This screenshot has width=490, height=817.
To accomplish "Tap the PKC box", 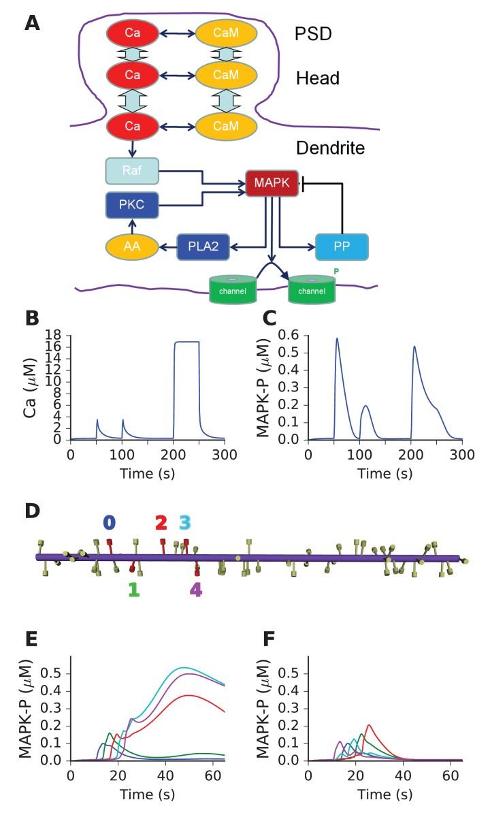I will tap(132, 204).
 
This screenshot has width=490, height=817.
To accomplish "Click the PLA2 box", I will tap(203, 246).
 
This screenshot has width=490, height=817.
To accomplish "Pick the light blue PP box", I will tap(342, 246).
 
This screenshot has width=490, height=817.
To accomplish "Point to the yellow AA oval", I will tap(132, 246).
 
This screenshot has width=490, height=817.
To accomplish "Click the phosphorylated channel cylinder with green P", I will tap(312, 289).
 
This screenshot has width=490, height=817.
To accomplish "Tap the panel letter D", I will tap(32, 511).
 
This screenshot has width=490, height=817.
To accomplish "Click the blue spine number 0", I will tap(109, 523).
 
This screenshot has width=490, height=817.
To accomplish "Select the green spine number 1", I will tap(133, 590).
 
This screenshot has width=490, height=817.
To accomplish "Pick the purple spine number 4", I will tap(195, 590).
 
